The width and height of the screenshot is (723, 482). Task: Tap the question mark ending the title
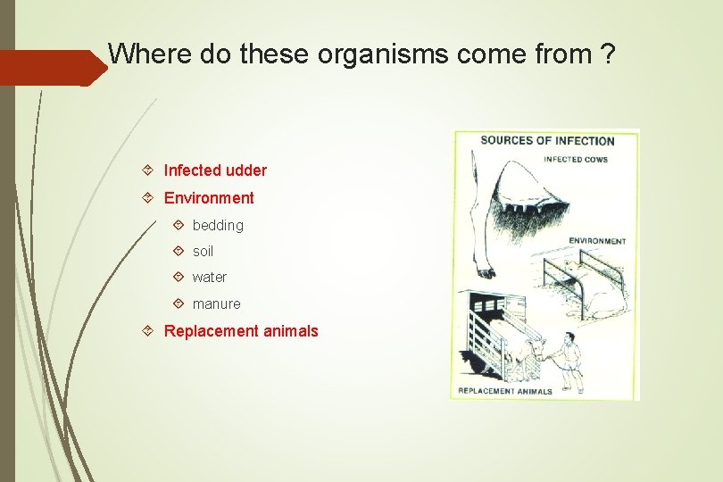pos(607,54)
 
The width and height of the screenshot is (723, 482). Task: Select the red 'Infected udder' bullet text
pos(215,170)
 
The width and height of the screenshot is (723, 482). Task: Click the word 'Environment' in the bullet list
pos(209,198)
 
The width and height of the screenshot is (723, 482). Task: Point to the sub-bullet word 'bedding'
pos(218,226)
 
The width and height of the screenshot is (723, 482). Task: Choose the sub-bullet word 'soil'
pos(203,252)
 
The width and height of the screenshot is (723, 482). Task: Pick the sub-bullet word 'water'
pos(210,278)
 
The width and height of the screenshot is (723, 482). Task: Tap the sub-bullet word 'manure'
pos(216,304)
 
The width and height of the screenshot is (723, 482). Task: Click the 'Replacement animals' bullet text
pos(241,331)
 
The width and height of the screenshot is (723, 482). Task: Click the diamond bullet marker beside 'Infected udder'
pos(147,170)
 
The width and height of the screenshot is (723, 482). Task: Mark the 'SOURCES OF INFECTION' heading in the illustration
pos(547,141)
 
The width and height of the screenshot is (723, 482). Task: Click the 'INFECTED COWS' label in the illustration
pos(576,160)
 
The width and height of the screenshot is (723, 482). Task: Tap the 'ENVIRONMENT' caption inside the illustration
pos(597,241)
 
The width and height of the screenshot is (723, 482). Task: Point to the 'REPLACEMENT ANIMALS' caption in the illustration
pos(505,391)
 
